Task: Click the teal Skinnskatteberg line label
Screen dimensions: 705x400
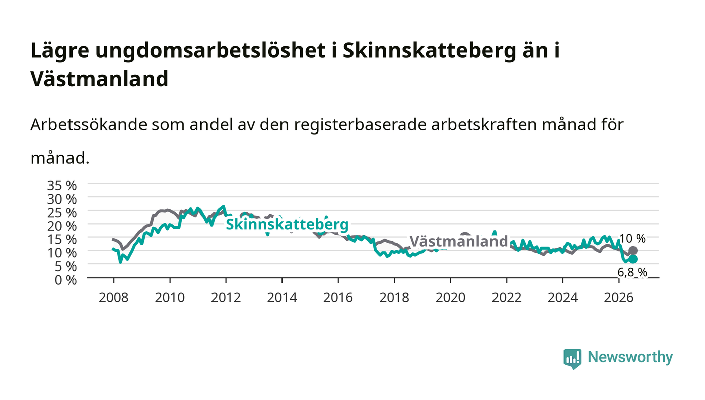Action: (287, 224)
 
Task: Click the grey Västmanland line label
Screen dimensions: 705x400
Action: (459, 241)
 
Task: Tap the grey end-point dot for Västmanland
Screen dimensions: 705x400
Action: (633, 251)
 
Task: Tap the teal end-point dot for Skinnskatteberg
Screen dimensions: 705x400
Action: (633, 259)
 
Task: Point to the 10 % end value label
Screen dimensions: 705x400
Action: (632, 239)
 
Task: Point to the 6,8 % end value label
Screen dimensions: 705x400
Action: (632, 272)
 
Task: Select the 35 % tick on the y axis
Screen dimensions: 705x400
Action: (61, 186)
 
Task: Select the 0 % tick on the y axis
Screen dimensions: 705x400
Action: (65, 280)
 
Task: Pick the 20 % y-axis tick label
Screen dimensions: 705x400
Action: (61, 226)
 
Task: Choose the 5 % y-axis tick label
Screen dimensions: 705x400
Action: (65, 266)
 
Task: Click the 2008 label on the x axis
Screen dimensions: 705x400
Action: (114, 298)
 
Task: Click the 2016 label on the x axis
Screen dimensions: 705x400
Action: (338, 298)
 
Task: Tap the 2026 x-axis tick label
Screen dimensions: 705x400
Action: (619, 298)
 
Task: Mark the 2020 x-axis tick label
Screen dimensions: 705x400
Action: (450, 298)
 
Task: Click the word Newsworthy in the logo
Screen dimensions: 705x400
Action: (630, 357)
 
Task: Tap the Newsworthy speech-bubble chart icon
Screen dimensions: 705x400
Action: (572, 359)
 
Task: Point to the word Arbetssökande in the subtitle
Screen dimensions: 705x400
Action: (89, 125)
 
